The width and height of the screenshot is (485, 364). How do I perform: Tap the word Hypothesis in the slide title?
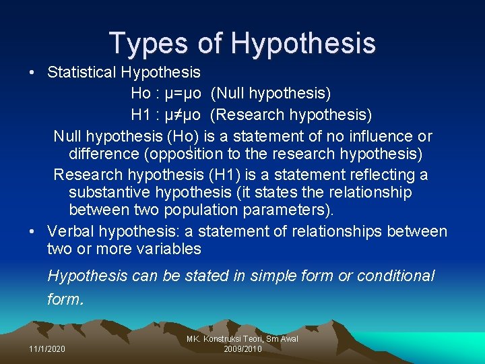[x=302, y=43]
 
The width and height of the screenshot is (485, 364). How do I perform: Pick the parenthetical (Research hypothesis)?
[x=290, y=115]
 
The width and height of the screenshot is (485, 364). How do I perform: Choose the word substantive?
[x=111, y=193]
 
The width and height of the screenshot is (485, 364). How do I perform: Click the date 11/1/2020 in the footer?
[x=48, y=348]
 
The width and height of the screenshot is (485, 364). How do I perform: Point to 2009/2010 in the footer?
[x=243, y=348]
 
